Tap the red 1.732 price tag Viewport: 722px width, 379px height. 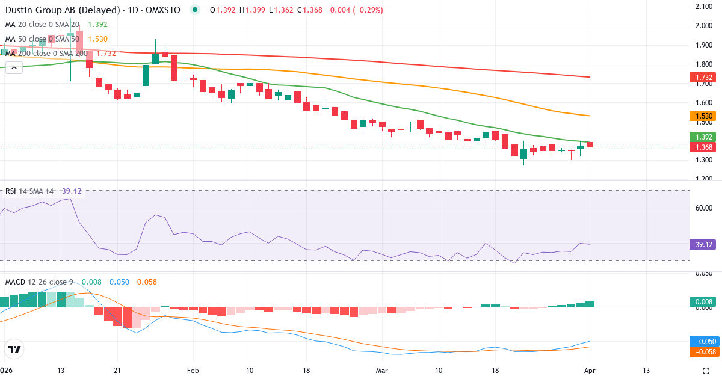[x=700, y=77]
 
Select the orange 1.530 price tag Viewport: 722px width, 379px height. [x=700, y=116]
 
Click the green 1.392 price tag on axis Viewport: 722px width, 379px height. [x=700, y=137]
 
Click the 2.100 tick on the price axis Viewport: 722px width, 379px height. [x=703, y=7]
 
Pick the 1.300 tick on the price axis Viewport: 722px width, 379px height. [x=703, y=160]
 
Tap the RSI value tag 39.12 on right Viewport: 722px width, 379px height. [x=700, y=244]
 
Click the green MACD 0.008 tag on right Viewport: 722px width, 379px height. [x=700, y=302]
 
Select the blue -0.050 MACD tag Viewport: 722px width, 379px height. [x=700, y=340]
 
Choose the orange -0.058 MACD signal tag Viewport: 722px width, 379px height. [x=700, y=351]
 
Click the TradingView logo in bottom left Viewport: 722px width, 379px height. [x=14, y=349]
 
